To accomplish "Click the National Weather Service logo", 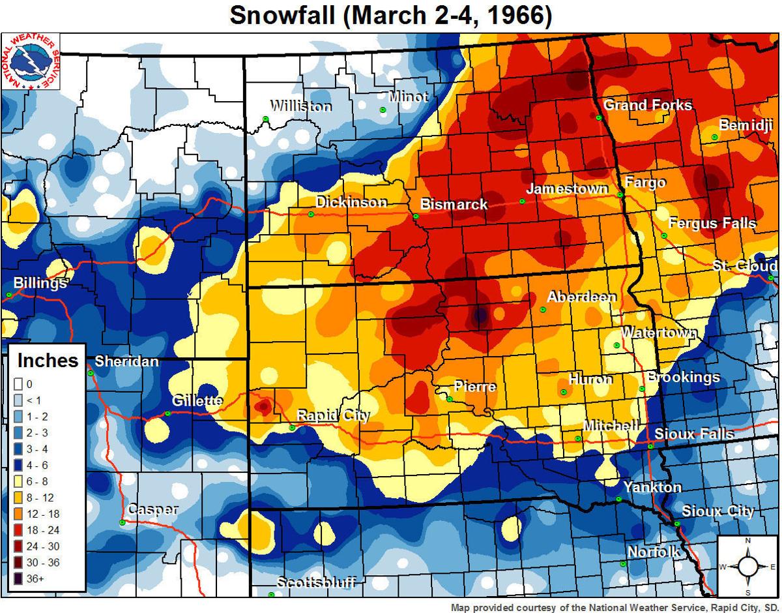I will click(31, 61).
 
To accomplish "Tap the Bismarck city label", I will click(454, 204).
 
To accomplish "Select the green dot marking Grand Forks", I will click(598, 118).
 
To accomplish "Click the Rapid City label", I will click(333, 416).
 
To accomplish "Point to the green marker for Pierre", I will click(450, 399).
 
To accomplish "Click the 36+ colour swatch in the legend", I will click(18, 578).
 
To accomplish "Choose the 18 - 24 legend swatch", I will click(18, 530).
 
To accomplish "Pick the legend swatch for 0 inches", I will click(18, 384).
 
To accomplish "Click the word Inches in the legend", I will click(48, 361).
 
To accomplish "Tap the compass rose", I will click(748, 566).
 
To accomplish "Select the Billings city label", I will click(40, 284).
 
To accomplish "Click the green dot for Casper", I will click(123, 523).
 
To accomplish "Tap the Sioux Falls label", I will click(694, 434).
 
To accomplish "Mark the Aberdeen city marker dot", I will click(543, 310).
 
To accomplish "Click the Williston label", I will click(300, 106).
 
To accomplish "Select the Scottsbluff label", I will click(316, 582).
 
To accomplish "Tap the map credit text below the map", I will click(615, 607).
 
